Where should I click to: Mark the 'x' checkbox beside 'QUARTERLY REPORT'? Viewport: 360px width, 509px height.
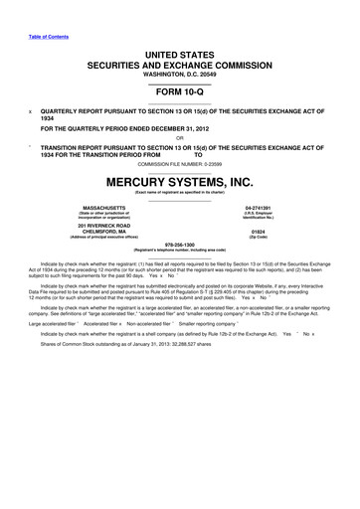click(x=30, y=113)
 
